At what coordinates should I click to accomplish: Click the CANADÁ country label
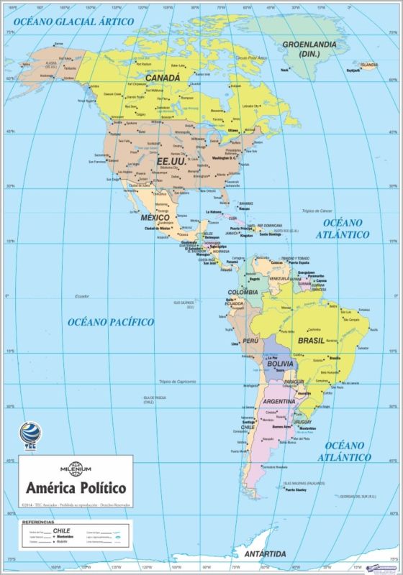pos(164,77)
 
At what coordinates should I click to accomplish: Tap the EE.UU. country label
pos(171,162)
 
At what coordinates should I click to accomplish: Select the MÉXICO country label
pos(155,217)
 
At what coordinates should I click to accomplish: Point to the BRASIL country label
pos(311,340)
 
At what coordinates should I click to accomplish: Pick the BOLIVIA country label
pos(280,364)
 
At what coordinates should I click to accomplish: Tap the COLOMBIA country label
pos(243,292)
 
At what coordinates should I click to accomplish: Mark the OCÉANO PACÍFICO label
pos(111,322)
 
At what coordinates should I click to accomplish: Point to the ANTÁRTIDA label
pos(265,553)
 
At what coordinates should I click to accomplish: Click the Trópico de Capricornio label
pos(177,381)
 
